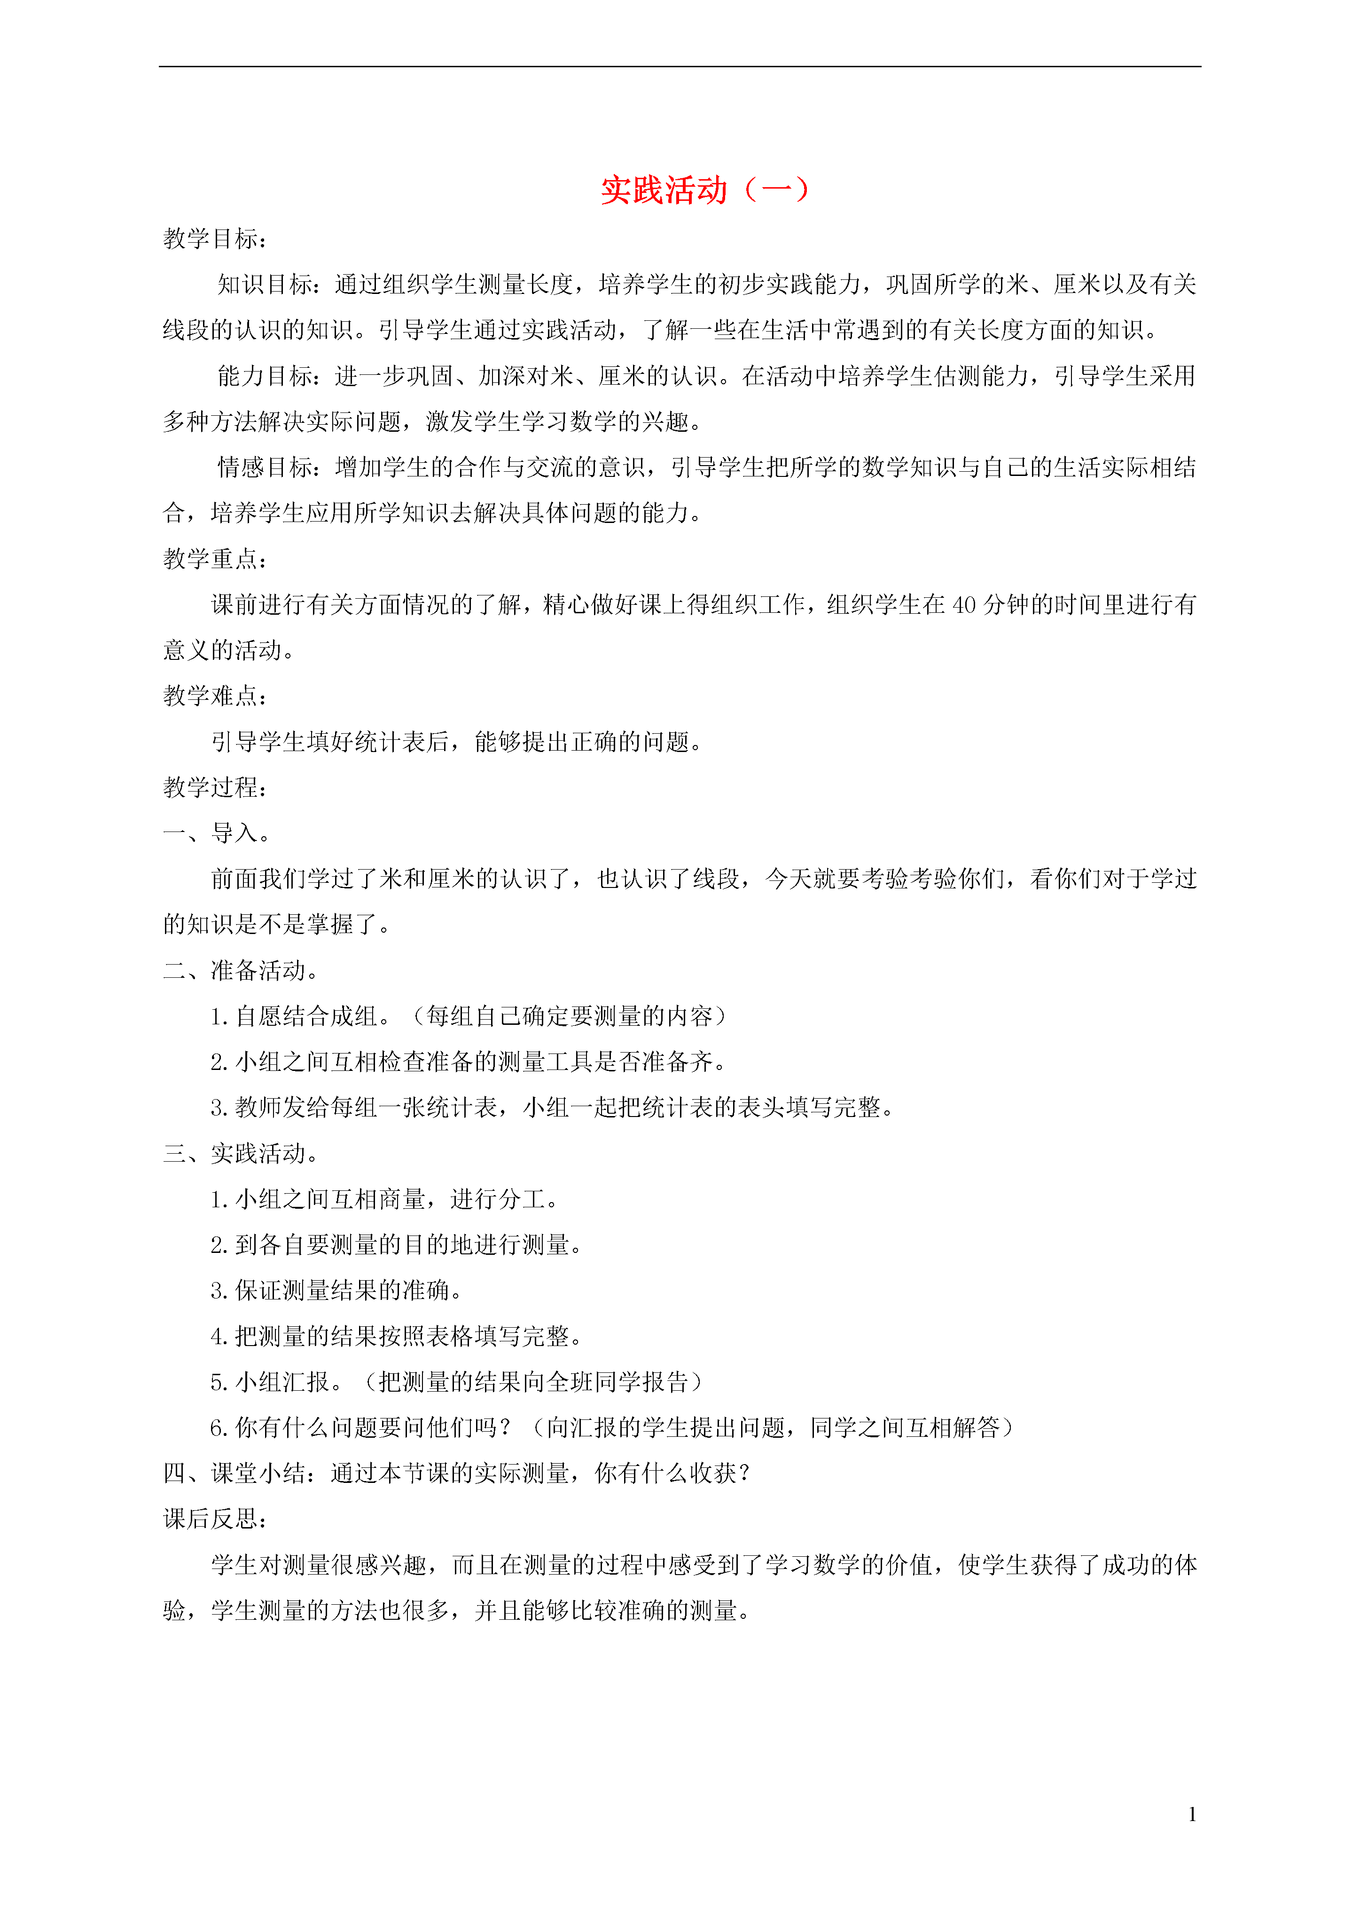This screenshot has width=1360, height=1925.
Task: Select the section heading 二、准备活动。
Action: coord(242,971)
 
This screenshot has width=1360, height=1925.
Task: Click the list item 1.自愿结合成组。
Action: coord(302,1017)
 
